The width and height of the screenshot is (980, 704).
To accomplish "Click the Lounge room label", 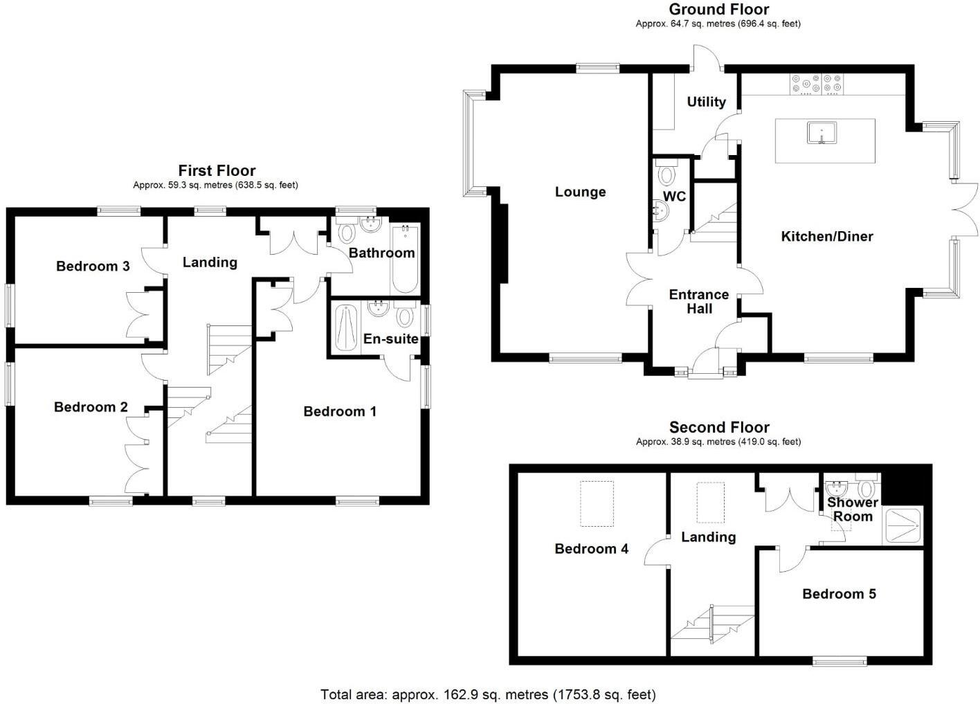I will click(580, 192).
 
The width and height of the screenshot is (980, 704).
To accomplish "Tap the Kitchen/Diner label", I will click(826, 236).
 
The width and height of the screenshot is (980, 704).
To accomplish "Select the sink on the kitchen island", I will click(822, 132).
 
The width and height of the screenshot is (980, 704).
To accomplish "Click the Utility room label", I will click(706, 102).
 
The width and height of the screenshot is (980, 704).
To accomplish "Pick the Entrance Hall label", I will click(698, 301).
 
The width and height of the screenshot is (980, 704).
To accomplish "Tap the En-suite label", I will click(390, 339).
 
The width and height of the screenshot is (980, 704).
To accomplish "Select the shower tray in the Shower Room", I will click(902, 526).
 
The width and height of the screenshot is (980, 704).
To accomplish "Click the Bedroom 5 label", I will click(839, 593).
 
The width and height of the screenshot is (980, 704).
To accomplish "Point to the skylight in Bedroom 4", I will click(596, 503).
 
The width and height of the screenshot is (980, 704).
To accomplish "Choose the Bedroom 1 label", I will click(340, 411).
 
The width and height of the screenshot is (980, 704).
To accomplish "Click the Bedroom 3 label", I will click(93, 266).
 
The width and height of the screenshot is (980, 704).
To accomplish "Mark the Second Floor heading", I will click(718, 427).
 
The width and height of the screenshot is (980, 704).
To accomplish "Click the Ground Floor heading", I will click(718, 9).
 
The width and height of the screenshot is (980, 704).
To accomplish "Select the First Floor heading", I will click(217, 170).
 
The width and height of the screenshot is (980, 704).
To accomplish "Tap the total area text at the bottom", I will click(488, 694).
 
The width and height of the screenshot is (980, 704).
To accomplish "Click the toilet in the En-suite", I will click(405, 316).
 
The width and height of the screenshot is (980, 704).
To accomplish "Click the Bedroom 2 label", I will click(91, 407).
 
